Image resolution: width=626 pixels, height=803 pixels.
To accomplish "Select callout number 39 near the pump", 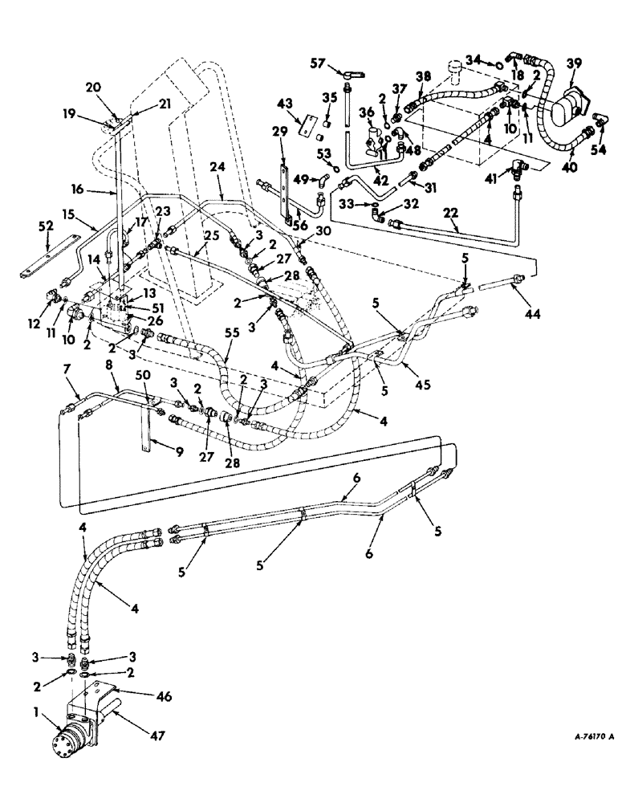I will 573,64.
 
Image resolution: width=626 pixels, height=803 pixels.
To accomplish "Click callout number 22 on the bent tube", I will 451,212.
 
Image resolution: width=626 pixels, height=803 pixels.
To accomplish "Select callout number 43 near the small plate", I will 284,105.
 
